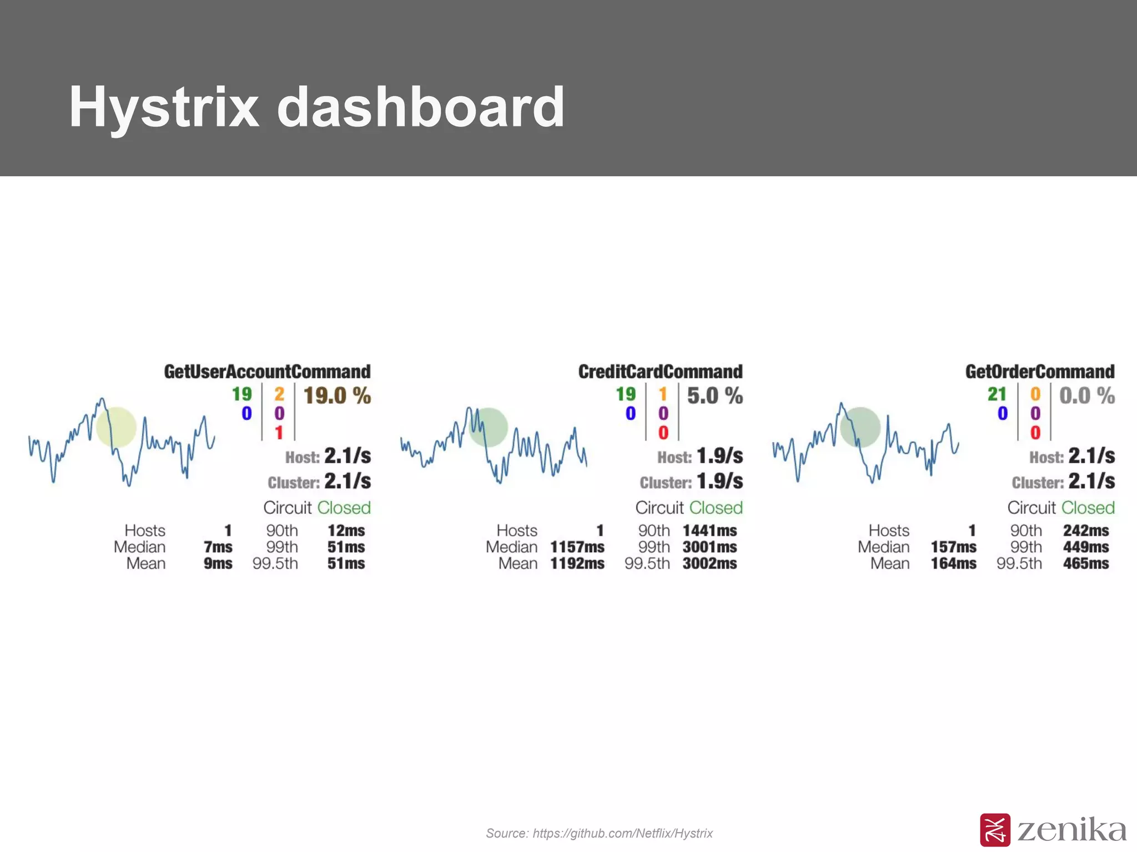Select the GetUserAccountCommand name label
[267, 372]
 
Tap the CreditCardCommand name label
[660, 372]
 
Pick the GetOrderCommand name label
[1039, 372]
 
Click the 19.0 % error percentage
[337, 396]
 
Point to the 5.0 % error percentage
[715, 396]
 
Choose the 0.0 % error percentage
[1086, 396]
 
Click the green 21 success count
[997, 394]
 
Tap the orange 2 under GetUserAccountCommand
[279, 394]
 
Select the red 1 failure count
[279, 433]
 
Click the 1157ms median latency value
[577, 547]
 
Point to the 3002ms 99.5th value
[710, 564]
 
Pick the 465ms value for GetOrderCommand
[1085, 564]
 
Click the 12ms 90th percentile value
[346, 531]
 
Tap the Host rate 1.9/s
[720, 456]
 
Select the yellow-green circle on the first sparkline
[116, 427]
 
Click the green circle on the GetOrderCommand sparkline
[860, 427]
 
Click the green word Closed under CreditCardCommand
[716, 508]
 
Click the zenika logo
[1053, 830]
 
